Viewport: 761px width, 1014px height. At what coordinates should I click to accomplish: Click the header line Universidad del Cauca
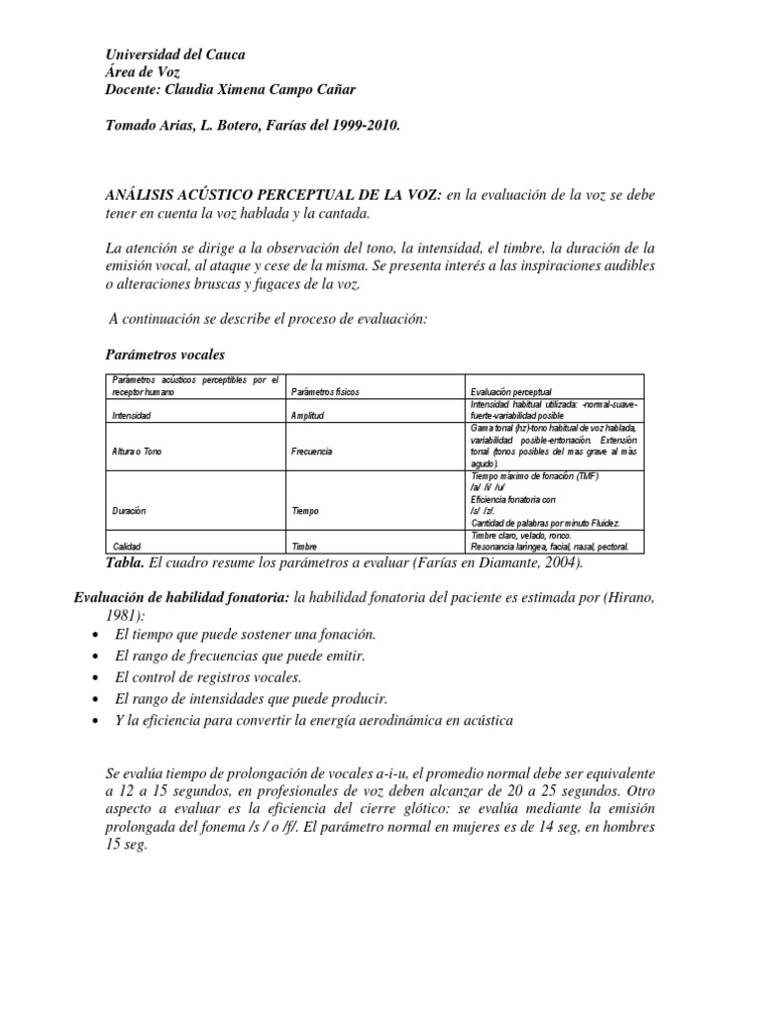pos(174,55)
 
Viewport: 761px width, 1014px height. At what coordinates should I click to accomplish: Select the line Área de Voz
pos(147,73)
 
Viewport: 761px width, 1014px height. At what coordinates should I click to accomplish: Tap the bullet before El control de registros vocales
pos(93,677)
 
